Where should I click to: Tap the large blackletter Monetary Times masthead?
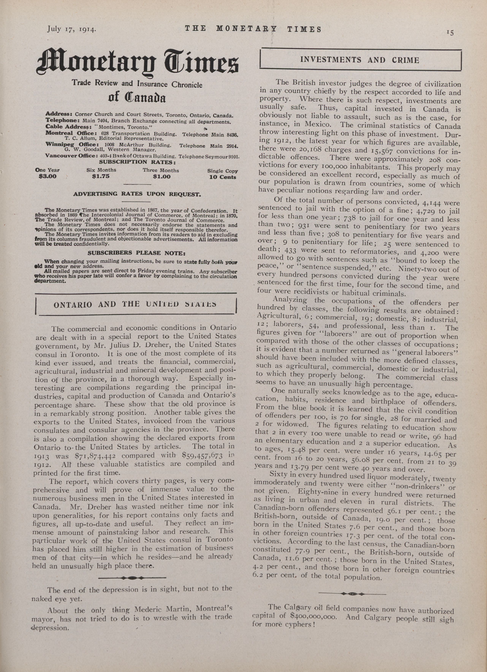point(137,63)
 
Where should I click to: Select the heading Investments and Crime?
point(360,60)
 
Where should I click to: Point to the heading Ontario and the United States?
point(135,304)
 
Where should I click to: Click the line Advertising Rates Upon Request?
point(137,194)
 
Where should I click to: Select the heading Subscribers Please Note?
point(136,253)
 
